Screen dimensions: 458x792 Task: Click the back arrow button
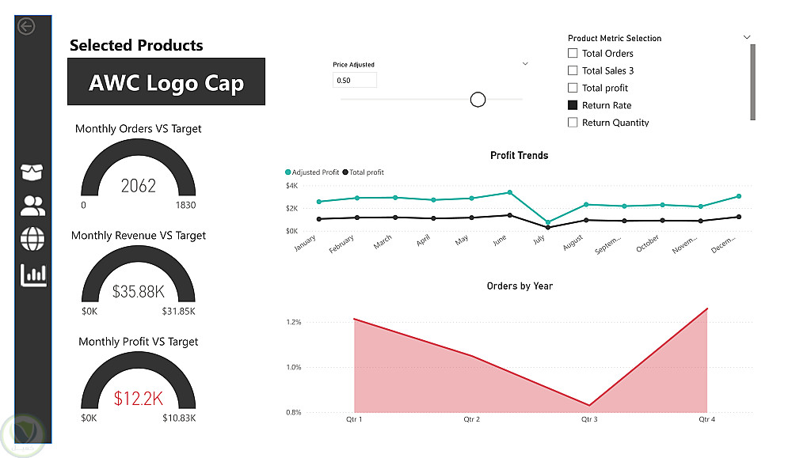26,26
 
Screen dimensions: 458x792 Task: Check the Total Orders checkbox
573,54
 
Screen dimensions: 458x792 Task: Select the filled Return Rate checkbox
573,105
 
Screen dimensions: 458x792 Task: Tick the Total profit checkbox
573,88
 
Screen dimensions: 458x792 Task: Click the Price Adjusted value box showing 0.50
354,80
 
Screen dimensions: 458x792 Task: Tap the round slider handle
478,99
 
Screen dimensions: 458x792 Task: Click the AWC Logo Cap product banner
166,82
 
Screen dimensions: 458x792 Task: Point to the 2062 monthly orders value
139,186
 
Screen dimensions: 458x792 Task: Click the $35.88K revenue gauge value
139,291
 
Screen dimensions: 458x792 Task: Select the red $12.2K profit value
138,398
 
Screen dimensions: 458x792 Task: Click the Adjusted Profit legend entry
315,172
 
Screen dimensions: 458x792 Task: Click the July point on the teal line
548,222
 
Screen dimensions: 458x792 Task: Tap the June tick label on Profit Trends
500,240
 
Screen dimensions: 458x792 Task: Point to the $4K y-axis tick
291,186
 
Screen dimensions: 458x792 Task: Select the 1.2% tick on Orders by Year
294,322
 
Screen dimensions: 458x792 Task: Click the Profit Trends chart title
520,155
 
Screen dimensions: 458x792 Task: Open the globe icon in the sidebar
32,238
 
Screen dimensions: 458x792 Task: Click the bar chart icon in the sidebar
33,274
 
